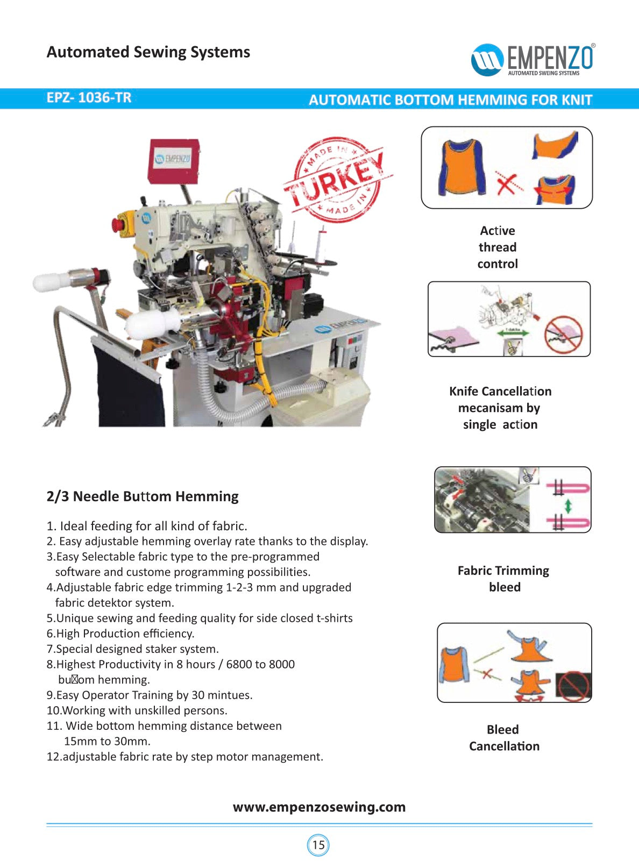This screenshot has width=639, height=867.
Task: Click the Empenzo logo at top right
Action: tap(532, 59)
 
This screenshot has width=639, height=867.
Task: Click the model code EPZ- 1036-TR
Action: tap(89, 98)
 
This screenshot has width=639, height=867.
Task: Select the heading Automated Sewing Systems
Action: tap(148, 52)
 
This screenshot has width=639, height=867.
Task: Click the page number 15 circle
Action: tap(318, 844)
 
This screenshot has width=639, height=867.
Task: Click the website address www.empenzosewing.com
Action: tap(319, 807)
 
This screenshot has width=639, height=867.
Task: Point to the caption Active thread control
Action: tap(498, 247)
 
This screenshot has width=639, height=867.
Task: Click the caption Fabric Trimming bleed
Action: tap(503, 579)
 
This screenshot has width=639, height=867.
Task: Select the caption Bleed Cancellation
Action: tap(504, 738)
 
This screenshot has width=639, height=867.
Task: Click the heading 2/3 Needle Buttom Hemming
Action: tap(143, 496)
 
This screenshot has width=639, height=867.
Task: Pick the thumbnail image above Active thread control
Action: tap(506, 168)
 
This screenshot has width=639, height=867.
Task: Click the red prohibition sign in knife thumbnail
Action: tap(563, 334)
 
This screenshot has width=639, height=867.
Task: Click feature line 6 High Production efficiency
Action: tap(120, 634)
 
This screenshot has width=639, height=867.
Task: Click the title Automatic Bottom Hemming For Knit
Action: tap(450, 100)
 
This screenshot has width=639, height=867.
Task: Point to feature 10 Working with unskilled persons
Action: tap(137, 710)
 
